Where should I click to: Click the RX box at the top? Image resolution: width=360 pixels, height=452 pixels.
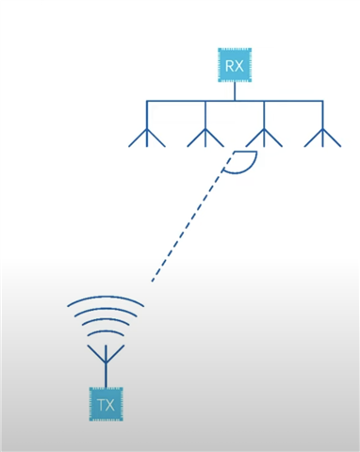234,65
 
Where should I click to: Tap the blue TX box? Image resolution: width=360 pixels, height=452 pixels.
106,405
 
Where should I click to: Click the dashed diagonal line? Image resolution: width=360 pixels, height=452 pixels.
188,222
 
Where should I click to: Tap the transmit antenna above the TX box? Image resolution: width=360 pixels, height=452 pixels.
106,363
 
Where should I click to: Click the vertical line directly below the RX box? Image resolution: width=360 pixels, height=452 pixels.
234,90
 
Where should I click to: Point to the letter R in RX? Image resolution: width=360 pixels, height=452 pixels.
228,65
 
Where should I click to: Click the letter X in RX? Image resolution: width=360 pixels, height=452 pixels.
240,65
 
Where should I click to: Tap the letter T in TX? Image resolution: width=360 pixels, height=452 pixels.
100,405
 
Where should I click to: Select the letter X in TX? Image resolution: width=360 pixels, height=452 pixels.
111,405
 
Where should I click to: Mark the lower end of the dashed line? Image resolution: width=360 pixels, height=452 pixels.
151,281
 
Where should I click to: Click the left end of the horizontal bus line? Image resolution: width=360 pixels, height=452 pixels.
148,101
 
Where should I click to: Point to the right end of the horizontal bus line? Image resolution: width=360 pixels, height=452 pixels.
322,101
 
